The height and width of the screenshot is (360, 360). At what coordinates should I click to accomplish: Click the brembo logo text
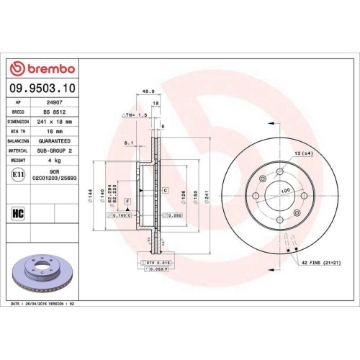point(45,68)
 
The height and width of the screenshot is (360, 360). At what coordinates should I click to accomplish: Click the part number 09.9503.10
point(45,88)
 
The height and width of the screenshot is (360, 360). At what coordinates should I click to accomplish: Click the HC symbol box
point(18,213)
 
